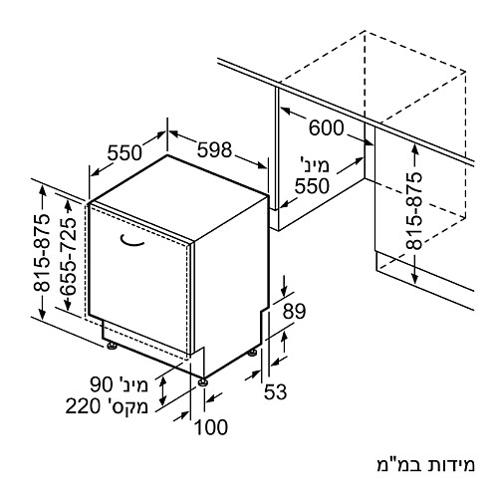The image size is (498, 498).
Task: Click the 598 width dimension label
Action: [214, 149]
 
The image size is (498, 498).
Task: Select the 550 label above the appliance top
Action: [124, 153]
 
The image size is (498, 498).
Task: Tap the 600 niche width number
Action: [326, 127]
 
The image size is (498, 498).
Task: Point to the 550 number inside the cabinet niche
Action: [312, 186]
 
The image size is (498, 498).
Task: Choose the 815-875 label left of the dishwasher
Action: [42, 253]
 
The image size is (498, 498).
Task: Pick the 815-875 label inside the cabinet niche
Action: [414, 211]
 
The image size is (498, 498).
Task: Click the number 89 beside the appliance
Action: [294, 312]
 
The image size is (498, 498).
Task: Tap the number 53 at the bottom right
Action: [275, 391]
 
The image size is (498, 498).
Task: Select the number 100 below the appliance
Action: [211, 427]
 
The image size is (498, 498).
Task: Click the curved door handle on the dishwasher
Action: [131, 242]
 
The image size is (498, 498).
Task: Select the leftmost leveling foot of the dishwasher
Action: [112, 346]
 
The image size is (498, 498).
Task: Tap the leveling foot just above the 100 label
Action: [202, 382]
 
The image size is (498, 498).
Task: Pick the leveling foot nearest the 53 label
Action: [252, 353]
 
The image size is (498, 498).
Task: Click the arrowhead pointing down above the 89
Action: [284, 292]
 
